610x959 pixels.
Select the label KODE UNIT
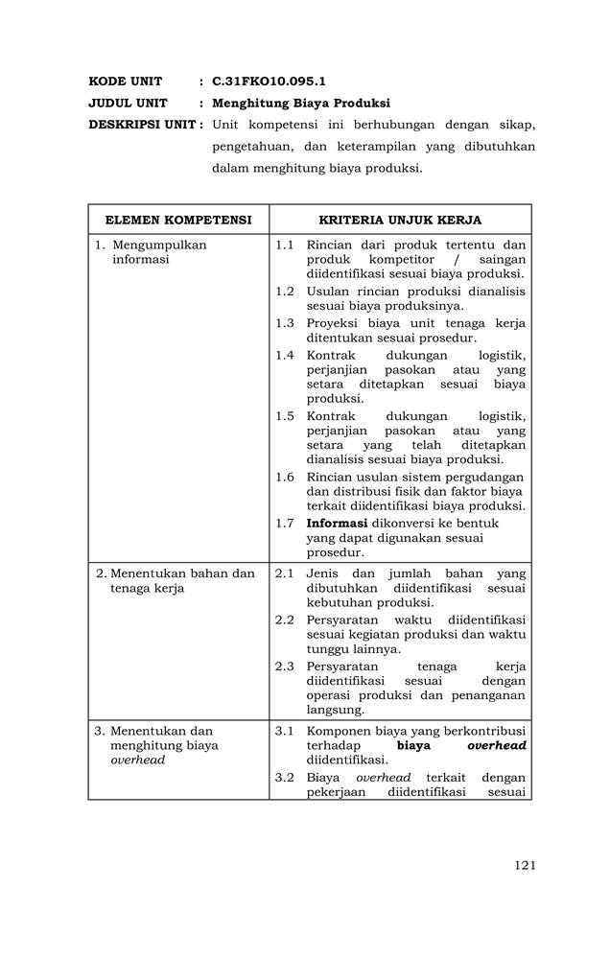coord(126,82)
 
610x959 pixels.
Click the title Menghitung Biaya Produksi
coord(301,103)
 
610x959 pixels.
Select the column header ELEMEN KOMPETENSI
coord(178,220)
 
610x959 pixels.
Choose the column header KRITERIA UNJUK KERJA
coord(400,220)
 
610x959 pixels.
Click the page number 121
coord(524,865)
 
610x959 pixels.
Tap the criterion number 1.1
coord(285,245)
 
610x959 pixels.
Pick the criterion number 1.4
coord(285,356)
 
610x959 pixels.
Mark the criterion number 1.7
coord(285,524)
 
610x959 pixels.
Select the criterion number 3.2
coord(285,777)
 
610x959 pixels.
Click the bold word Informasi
coord(338,524)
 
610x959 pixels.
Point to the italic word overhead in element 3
coord(138,760)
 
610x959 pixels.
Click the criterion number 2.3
coord(285,666)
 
